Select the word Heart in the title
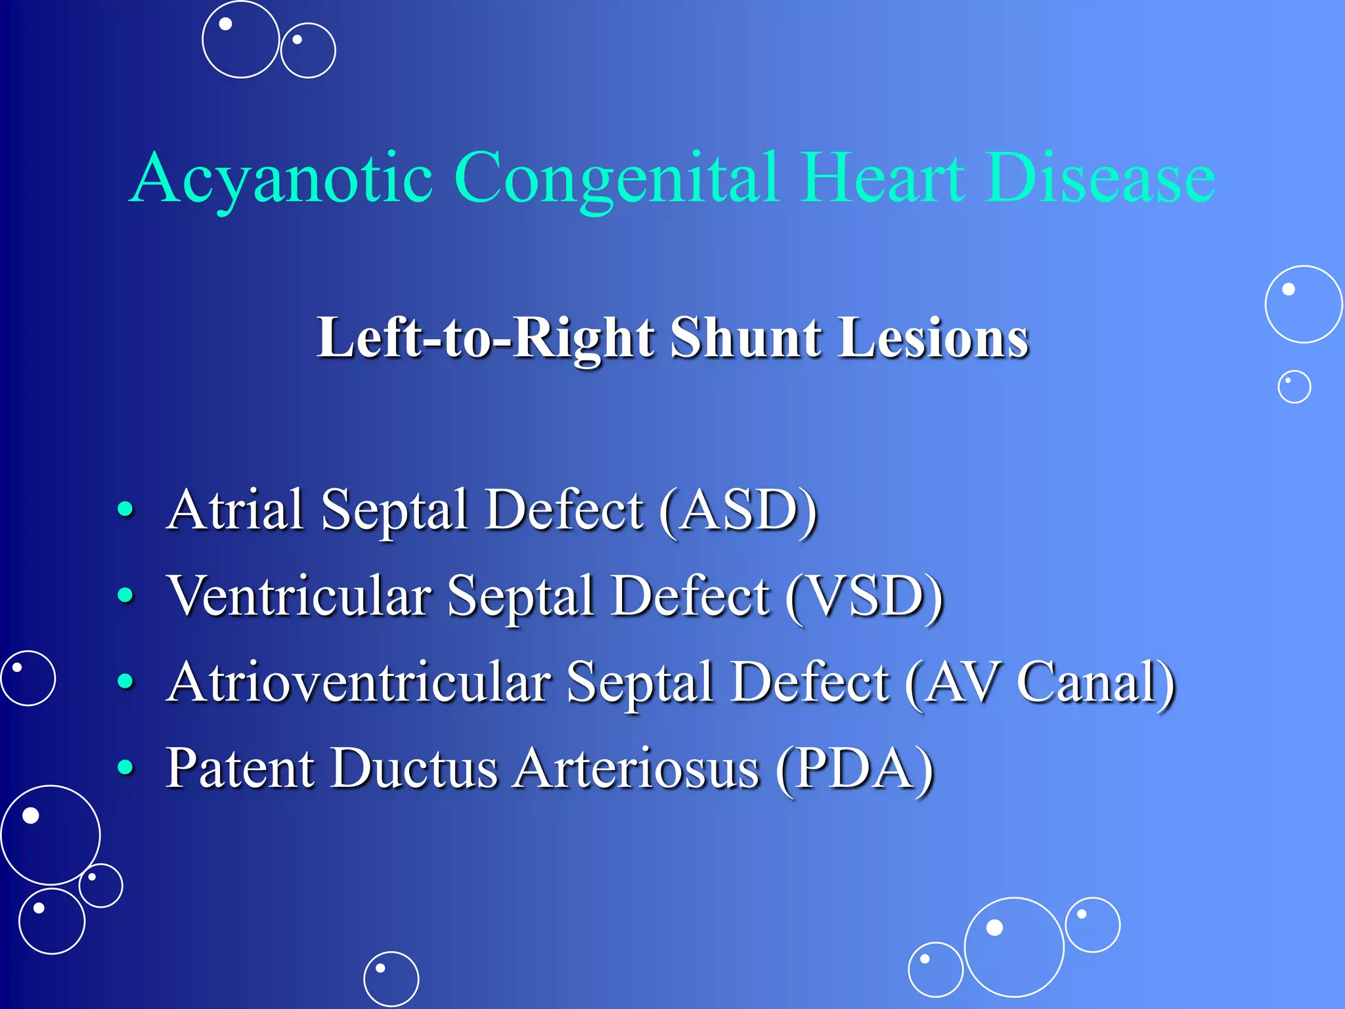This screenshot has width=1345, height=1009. (883, 177)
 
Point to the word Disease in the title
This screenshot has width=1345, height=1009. (1099, 177)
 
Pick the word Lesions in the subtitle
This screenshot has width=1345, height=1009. (933, 338)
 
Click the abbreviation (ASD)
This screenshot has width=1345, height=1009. (739, 510)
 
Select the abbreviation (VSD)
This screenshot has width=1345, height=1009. (865, 596)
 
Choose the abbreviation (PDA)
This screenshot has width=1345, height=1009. (854, 768)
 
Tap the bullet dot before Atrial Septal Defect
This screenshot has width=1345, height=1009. (125, 510)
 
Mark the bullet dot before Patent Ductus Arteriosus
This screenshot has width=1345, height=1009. (125, 767)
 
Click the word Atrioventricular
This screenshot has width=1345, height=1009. (359, 683)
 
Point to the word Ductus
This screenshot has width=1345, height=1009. (414, 768)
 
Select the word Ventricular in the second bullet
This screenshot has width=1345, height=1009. (299, 596)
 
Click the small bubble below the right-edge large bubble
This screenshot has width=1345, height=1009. (1294, 387)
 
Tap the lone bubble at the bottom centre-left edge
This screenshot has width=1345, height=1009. (391, 979)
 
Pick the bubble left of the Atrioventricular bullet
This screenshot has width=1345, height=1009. (28, 678)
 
